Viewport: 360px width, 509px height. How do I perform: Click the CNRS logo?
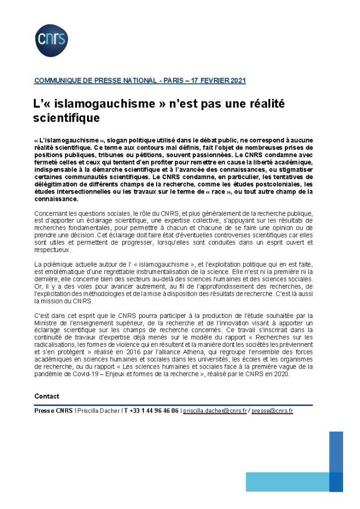(51, 40)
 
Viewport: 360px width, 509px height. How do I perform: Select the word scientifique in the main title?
(66, 118)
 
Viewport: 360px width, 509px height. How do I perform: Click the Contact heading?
(47, 396)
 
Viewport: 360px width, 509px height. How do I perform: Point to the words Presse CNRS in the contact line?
(53, 411)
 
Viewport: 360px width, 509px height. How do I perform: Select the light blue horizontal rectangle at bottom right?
(287, 482)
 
